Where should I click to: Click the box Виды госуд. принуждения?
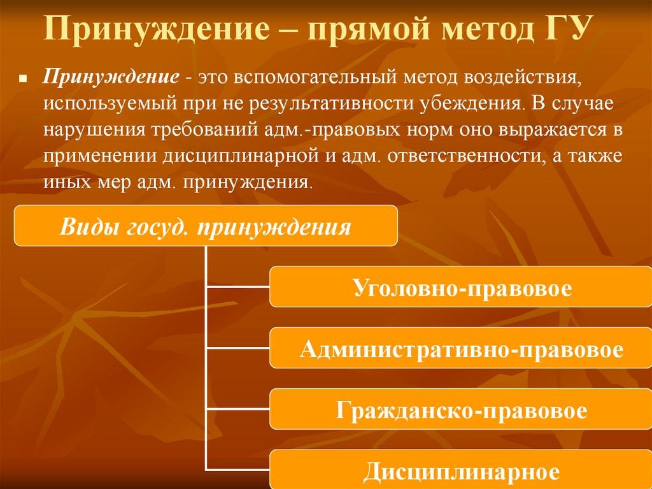coord(206,226)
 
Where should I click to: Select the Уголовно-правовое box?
coord(462,288)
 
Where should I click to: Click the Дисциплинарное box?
coord(462,471)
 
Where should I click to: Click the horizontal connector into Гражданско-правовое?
coord(239,409)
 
